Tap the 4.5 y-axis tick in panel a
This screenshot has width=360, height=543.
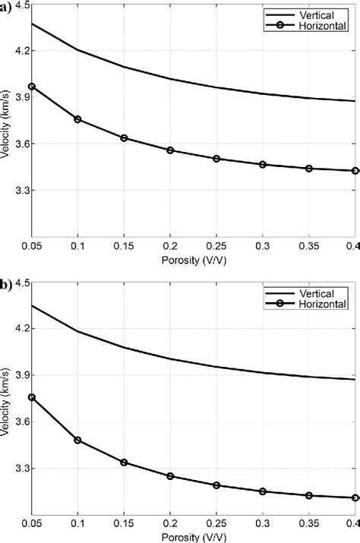click(20, 5)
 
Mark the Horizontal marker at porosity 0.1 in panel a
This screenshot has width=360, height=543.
click(77, 119)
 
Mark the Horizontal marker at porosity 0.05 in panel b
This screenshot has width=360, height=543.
click(32, 397)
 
